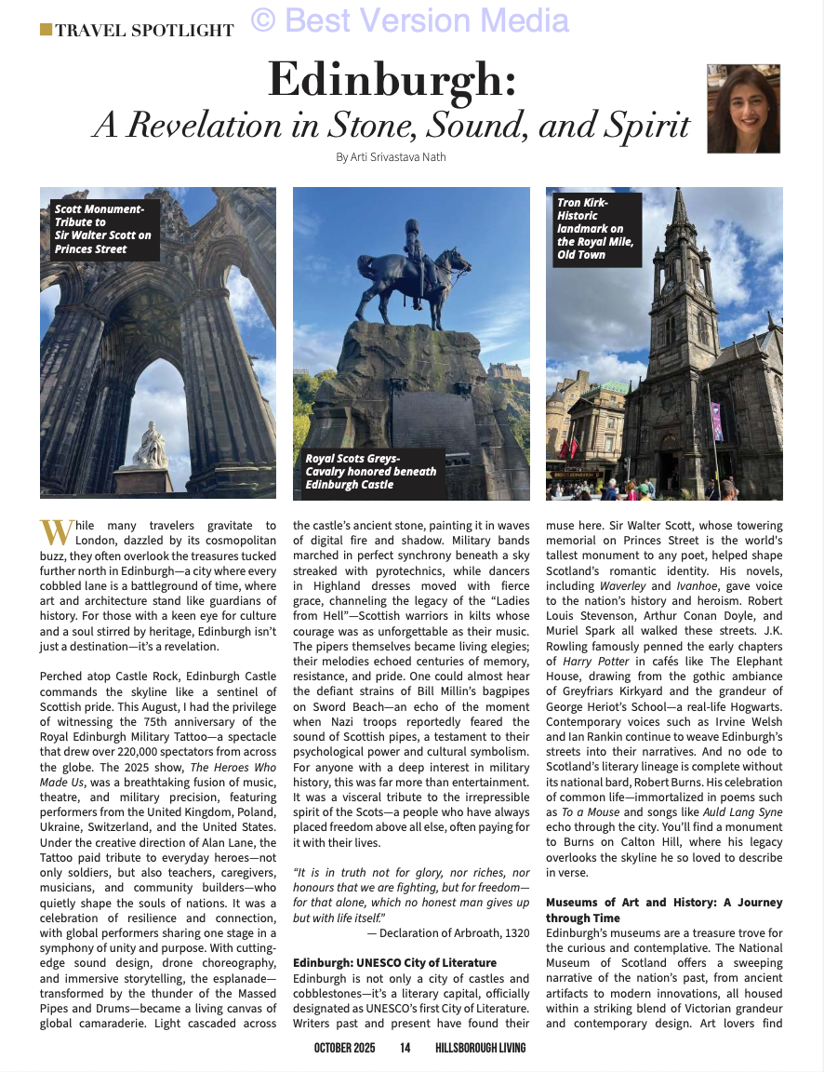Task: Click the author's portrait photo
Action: coord(743,108)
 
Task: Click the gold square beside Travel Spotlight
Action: coord(46,30)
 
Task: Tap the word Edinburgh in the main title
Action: coord(392,80)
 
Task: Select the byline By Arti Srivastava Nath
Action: coord(391,156)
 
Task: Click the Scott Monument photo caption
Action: coord(102,229)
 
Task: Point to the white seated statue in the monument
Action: coord(149,446)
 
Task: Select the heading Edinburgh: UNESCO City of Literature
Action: coord(394,961)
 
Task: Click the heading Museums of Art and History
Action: coord(664,909)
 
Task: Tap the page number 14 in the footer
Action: coord(405,1048)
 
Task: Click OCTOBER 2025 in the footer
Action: coord(344,1048)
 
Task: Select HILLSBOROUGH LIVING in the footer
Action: coord(480,1048)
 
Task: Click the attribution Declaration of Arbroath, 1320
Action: coord(447,932)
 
